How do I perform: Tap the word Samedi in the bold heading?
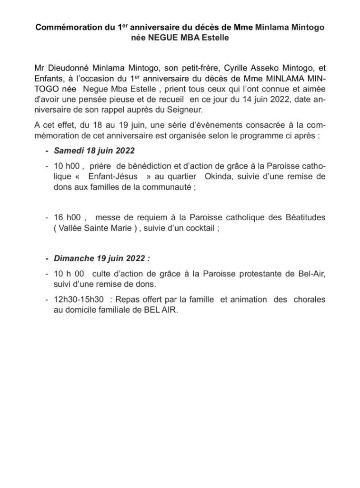(69, 151)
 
